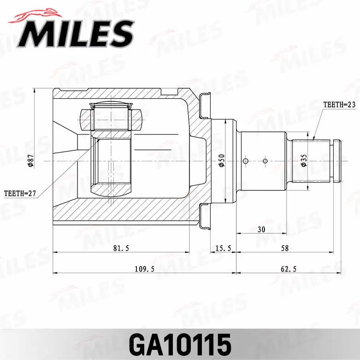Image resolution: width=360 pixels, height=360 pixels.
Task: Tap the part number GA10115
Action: click(x=180, y=343)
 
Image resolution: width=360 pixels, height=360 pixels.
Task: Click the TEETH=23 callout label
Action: click(x=339, y=105)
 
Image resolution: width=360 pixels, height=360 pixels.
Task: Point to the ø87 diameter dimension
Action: click(x=31, y=160)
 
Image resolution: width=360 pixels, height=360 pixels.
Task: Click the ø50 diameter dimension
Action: click(x=222, y=160)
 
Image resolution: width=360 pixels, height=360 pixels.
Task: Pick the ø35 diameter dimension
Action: click(x=304, y=160)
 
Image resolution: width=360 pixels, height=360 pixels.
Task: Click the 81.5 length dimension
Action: click(x=121, y=248)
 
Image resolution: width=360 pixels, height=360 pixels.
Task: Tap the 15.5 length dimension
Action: click(x=223, y=248)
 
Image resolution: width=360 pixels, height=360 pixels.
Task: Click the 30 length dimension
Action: click(x=261, y=229)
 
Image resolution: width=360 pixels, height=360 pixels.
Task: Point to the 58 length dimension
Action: click(x=284, y=248)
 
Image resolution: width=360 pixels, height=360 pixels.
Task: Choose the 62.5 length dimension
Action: click(x=289, y=269)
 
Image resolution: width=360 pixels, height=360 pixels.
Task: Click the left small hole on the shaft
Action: click(x=246, y=161)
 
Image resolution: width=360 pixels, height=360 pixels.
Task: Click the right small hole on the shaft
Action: click(x=265, y=161)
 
